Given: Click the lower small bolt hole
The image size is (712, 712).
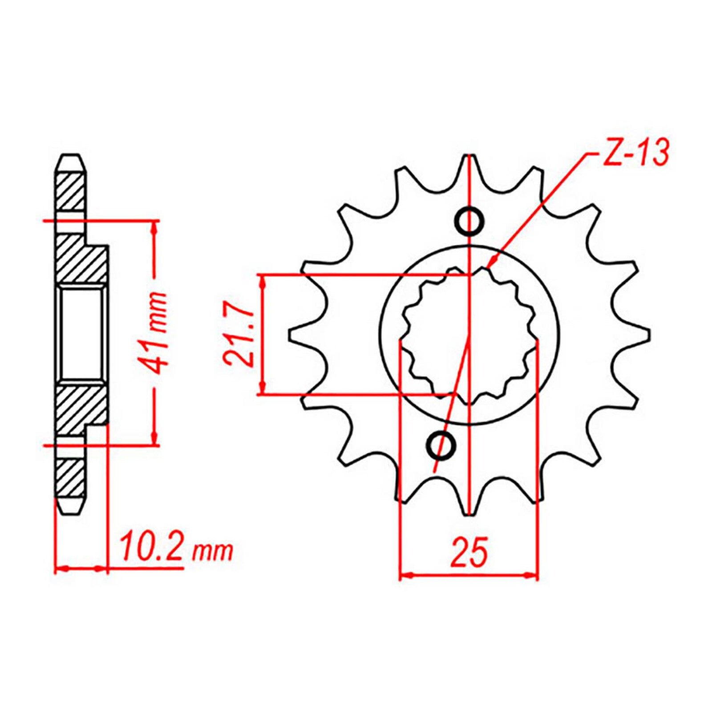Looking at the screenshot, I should coord(441,445).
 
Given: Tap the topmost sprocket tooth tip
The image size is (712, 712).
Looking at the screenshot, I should coord(469,157).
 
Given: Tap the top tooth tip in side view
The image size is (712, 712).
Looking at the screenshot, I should coord(71,157).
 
